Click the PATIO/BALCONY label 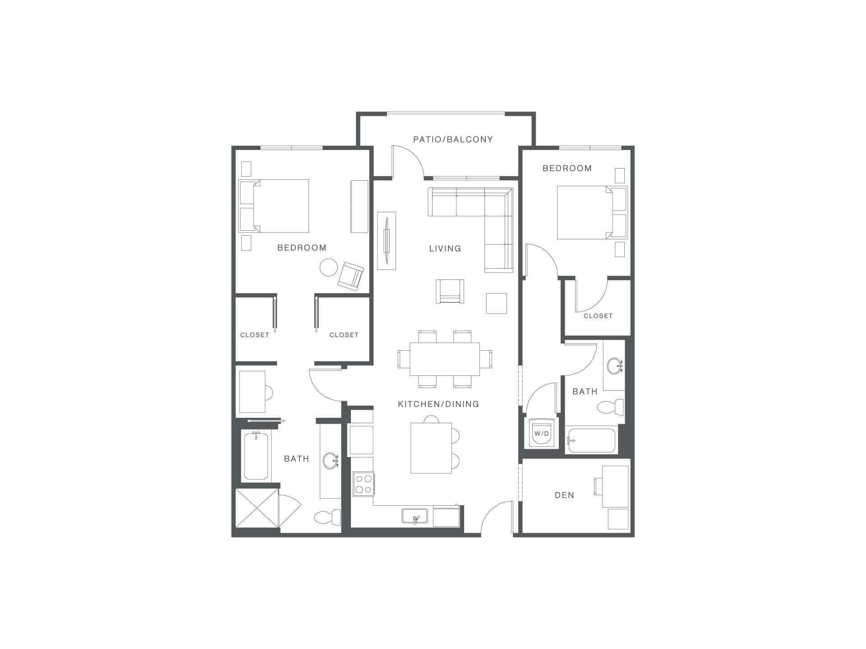(453, 140)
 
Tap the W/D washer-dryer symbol (541, 433)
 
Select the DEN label (564, 495)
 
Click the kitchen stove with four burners (363, 484)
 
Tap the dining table (445, 359)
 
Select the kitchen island (431, 448)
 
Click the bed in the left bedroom (274, 206)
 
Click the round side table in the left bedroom (329, 267)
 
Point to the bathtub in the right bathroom (591, 440)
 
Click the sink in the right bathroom (614, 366)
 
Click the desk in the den (616, 487)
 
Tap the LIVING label (445, 248)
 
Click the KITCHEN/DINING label (438, 404)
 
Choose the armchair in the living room (450, 291)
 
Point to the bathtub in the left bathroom (256, 456)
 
